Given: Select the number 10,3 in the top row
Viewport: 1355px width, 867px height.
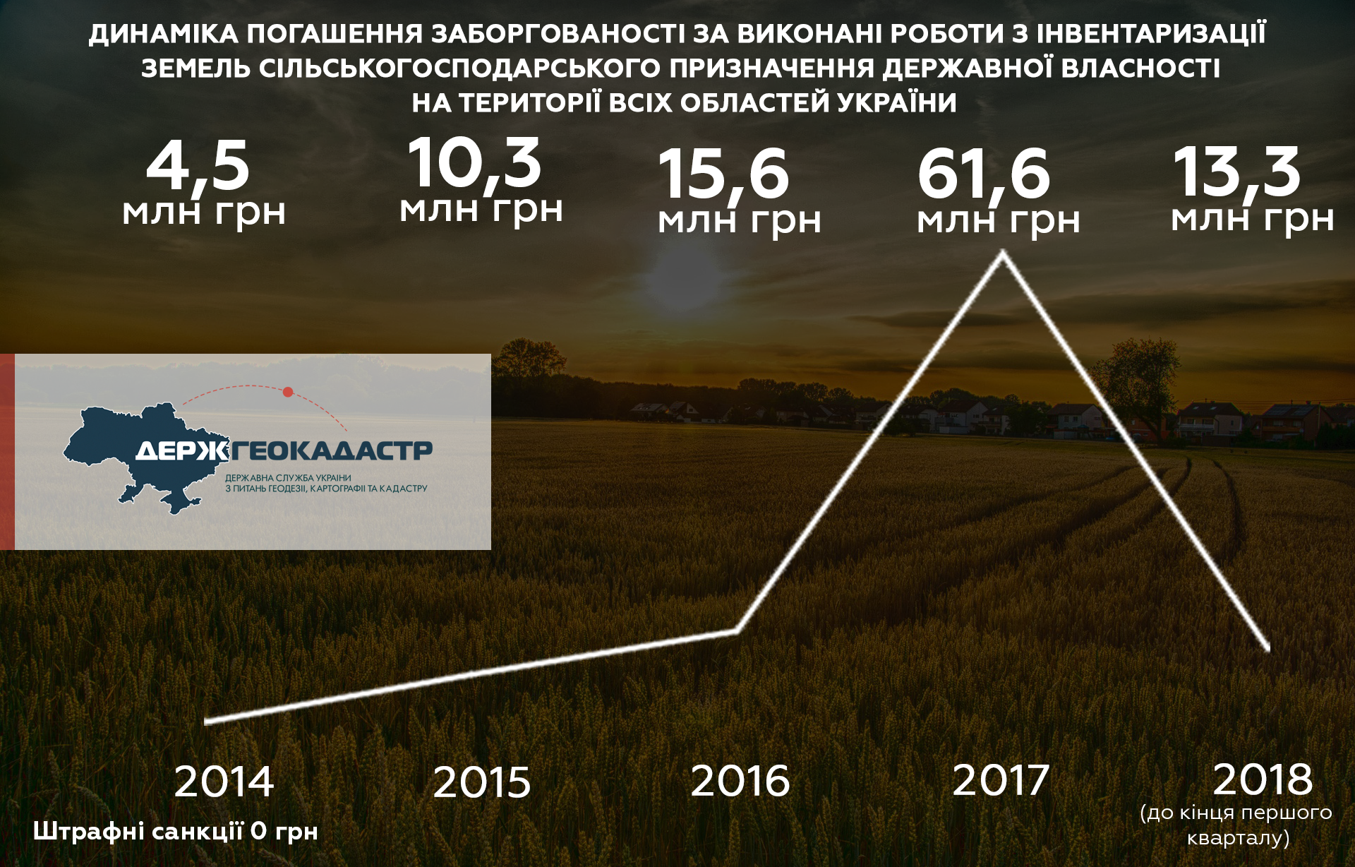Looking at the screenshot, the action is pos(474,163).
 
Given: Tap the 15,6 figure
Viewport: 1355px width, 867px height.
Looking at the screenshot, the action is pos(723,175).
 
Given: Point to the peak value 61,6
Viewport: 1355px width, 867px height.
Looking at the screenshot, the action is pos(984,175).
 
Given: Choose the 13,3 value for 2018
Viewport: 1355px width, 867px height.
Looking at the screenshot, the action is pos(1236,172).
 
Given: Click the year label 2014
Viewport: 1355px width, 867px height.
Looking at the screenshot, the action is pos(224,782).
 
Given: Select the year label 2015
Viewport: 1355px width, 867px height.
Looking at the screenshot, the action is pos(481,782).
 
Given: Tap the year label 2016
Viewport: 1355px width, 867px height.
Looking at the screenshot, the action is pos(740,781).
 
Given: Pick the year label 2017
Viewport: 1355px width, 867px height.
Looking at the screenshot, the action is pos(1001,780).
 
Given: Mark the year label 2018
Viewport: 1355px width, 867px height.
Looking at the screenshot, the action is pos(1263,779).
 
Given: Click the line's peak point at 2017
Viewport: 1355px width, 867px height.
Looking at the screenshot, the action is pos(1003,253).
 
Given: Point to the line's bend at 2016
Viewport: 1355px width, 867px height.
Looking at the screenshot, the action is pos(737,630).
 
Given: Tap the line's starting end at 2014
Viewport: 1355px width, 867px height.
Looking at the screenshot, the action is pos(207,722).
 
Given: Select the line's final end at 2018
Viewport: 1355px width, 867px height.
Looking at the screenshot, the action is pos(1267,647).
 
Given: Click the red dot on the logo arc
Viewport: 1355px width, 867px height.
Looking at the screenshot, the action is pos(288,392).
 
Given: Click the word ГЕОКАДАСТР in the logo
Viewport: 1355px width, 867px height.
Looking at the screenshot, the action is pos(331,450).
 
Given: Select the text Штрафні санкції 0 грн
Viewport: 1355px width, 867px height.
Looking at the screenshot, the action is pos(176,832).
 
